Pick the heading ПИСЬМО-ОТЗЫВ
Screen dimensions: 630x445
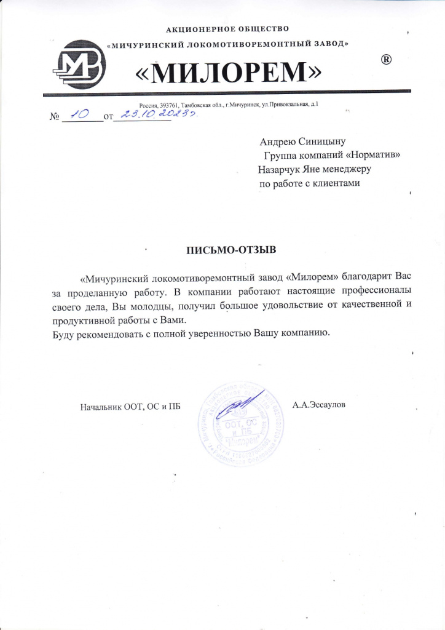click(x=232, y=250)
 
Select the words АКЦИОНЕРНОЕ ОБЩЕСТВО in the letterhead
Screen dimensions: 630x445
click(x=228, y=28)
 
